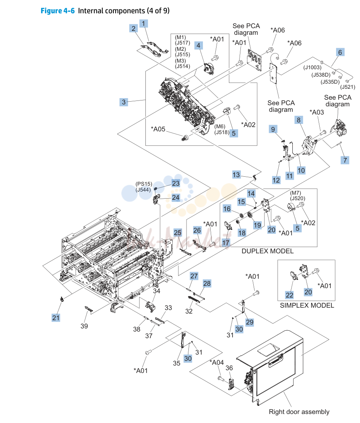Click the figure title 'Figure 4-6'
click(x=57, y=11)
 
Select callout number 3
click(x=124, y=102)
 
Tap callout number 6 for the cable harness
click(x=340, y=52)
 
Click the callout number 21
click(x=56, y=318)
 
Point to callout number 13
click(x=236, y=175)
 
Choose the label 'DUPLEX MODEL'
click(x=267, y=251)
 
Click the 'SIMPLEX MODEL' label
click(x=307, y=305)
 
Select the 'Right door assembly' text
click(x=299, y=412)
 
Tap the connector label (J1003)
click(x=312, y=68)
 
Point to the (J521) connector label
click(x=347, y=87)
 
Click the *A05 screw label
click(x=158, y=129)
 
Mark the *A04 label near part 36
click(x=217, y=362)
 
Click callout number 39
click(x=84, y=326)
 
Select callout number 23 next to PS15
click(x=176, y=183)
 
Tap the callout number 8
click(x=299, y=120)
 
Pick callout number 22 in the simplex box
click(x=289, y=295)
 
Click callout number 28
click(x=207, y=283)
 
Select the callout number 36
click(x=229, y=368)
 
